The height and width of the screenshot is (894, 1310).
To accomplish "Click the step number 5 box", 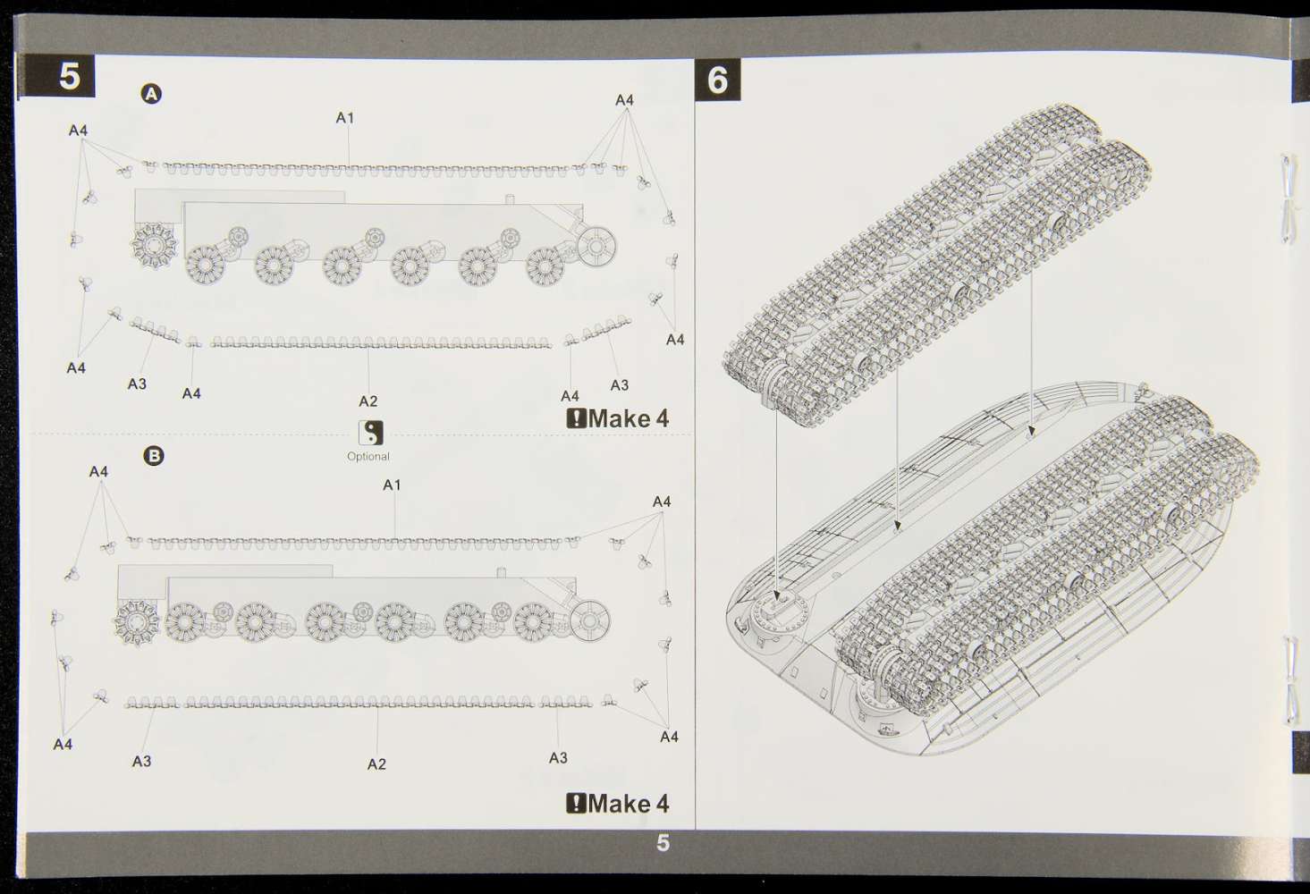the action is (x=56, y=76).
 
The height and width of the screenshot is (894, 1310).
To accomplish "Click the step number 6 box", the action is (x=717, y=80).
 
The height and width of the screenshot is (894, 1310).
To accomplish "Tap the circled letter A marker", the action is (x=151, y=94).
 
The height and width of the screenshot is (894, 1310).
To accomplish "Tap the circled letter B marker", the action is (x=154, y=456).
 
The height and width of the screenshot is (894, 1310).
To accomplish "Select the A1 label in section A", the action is (x=345, y=118).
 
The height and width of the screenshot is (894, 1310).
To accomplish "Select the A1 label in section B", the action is (x=392, y=485).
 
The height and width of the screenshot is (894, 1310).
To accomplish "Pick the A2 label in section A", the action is (x=368, y=401).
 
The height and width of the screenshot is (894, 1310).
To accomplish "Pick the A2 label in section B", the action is (x=376, y=764).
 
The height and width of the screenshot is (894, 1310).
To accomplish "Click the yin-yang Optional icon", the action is (x=371, y=434).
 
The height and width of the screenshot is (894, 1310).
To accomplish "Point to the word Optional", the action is (x=368, y=457).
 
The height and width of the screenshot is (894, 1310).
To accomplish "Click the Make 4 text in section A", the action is (x=628, y=418).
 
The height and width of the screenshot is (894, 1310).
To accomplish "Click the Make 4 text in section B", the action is (x=628, y=804).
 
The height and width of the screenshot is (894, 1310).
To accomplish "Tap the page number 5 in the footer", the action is (x=663, y=842).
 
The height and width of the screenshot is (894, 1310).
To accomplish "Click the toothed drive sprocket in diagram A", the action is (x=155, y=246).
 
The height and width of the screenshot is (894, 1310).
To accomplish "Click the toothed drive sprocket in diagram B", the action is (x=137, y=622).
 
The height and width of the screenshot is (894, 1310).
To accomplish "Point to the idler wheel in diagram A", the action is (x=596, y=246).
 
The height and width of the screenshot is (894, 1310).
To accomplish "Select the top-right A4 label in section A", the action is (x=624, y=100).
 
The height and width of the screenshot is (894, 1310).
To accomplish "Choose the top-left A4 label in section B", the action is (x=99, y=471).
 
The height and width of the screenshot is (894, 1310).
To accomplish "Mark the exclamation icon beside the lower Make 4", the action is (x=576, y=804).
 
